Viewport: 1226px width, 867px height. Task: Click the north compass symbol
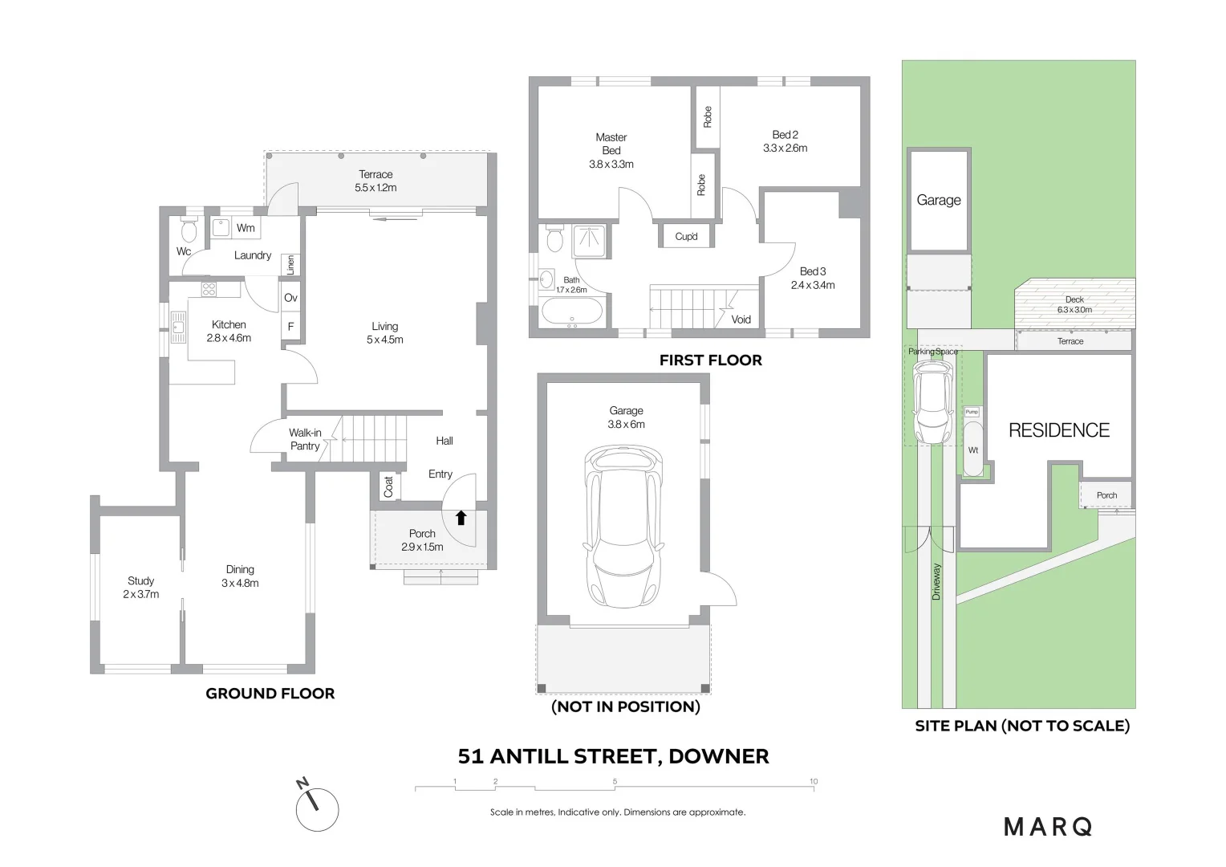point(316,808)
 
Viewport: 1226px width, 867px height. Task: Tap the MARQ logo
point(1048,827)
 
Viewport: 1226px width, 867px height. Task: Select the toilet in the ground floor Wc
point(189,231)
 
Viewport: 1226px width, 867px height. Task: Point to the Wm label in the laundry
point(246,228)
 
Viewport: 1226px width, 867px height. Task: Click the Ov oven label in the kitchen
point(290,298)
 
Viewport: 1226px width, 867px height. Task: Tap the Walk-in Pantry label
point(305,439)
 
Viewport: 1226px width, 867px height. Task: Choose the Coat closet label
point(388,486)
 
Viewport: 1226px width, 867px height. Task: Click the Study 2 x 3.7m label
point(141,588)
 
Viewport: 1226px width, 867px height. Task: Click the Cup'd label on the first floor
point(686,237)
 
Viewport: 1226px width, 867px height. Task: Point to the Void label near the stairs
point(741,320)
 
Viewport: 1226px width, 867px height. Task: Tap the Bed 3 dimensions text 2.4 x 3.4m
point(813,285)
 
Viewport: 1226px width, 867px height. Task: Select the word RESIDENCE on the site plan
point(1059,430)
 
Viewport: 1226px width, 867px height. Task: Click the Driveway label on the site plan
point(936,581)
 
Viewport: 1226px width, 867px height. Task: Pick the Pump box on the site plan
point(972,412)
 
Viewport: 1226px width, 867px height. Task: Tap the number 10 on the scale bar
point(814,781)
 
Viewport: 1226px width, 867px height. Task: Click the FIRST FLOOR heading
point(711,360)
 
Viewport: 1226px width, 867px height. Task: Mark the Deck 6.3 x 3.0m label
point(1074,304)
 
